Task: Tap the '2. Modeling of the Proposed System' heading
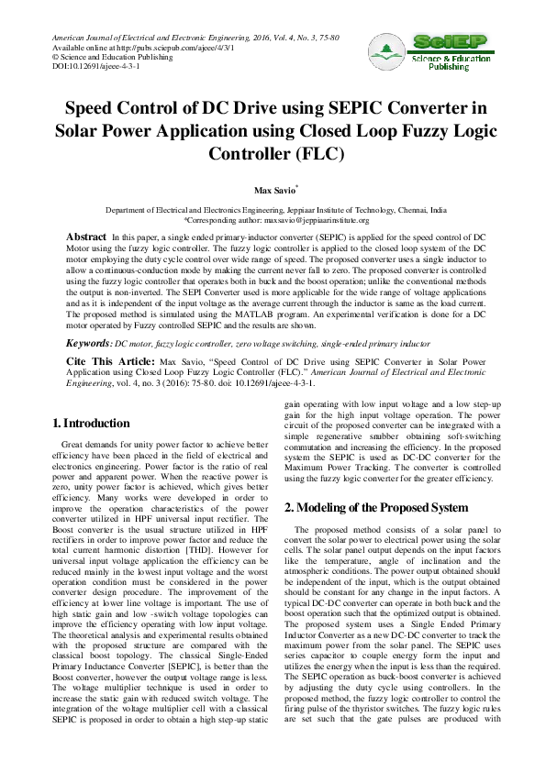376,507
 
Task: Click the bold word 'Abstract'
86,237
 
